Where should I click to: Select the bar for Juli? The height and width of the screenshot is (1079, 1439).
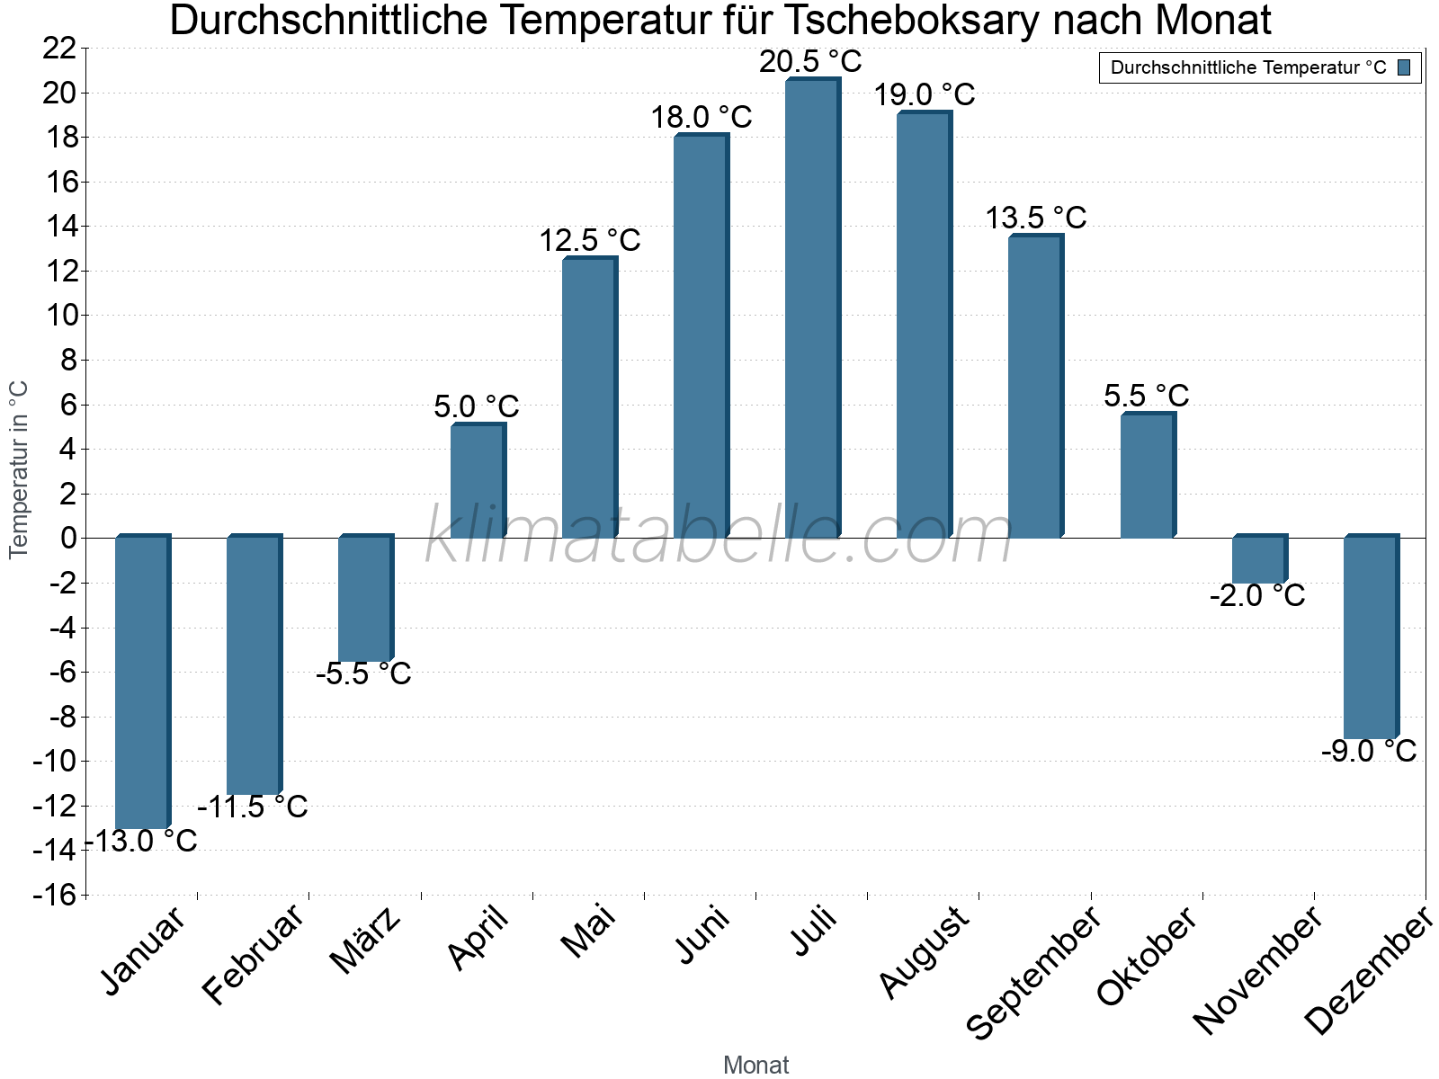pyautogui.click(x=812, y=308)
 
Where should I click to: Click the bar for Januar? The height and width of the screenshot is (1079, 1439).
pyautogui.click(x=142, y=682)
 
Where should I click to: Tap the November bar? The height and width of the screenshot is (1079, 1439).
pyautogui.click(x=1259, y=559)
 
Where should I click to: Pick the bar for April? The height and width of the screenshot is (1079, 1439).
pyautogui.click(x=478, y=481)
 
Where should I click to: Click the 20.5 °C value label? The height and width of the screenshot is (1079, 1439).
pyautogui.click(x=810, y=62)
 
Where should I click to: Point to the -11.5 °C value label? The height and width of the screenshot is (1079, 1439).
pyautogui.click(x=253, y=807)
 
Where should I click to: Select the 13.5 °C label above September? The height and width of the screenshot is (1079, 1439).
pyautogui.click(x=1035, y=218)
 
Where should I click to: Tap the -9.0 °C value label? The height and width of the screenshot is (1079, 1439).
pyautogui.click(x=1369, y=751)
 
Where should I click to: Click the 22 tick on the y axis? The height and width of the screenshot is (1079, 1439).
pyautogui.click(x=59, y=49)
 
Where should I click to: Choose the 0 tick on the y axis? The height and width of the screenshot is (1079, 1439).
pyautogui.click(x=68, y=539)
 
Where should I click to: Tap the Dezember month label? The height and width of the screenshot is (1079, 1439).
pyautogui.click(x=1369, y=971)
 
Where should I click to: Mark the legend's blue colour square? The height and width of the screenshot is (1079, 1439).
pyautogui.click(x=1404, y=67)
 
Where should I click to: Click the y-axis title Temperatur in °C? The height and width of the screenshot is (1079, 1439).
pyautogui.click(x=19, y=469)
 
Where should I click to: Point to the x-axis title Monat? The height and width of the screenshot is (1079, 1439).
pyautogui.click(x=755, y=1065)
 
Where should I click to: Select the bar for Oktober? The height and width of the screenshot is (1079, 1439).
pyautogui.click(x=1147, y=476)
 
